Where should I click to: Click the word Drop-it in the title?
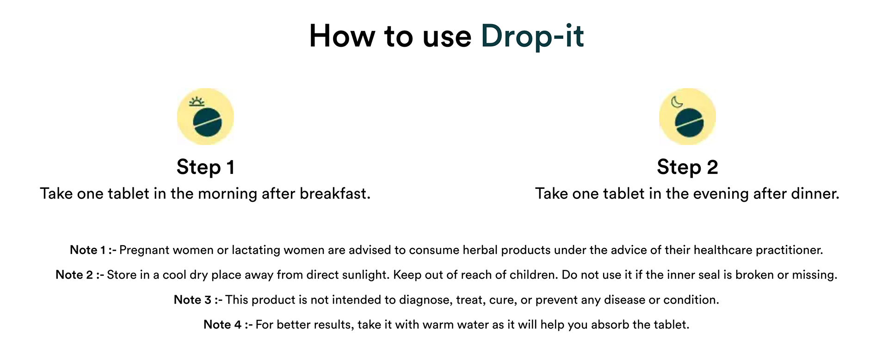click(532, 36)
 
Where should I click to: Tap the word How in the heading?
click(342, 36)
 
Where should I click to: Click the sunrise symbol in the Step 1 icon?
click(197, 102)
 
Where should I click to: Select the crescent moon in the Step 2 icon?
click(677, 102)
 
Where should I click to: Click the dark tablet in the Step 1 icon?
click(208, 122)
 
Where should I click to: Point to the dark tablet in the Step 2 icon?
click(690, 122)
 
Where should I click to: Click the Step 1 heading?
click(205, 167)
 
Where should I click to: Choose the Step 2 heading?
click(687, 167)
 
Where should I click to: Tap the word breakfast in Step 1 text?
click(335, 193)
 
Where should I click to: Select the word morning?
click(228, 194)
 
